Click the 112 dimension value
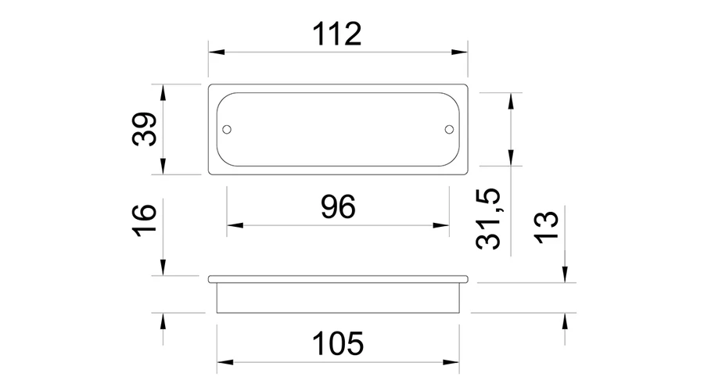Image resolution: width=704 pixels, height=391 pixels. coord(336,34)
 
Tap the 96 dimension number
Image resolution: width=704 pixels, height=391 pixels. coord(338,207)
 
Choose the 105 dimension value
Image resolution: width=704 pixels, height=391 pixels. coord(337,344)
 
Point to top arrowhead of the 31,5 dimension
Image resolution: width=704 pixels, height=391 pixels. coord(512,99)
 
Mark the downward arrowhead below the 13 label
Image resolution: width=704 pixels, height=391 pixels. coord(564,273)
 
